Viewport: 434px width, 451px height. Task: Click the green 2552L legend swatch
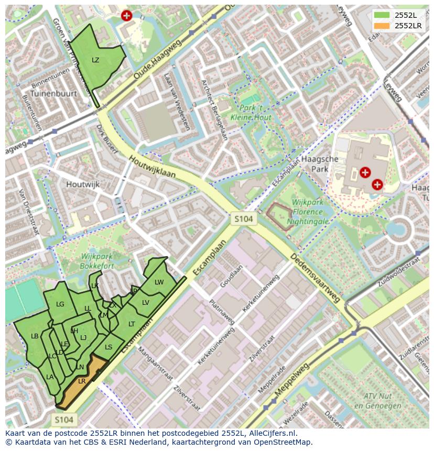click(x=382, y=15)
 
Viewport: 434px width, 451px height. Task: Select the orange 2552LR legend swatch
click(x=382, y=26)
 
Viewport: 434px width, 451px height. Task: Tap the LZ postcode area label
click(x=95, y=60)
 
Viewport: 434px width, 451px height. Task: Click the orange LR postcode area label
click(x=82, y=381)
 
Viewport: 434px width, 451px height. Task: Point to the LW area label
click(x=159, y=282)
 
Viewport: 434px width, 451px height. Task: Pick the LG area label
click(x=60, y=304)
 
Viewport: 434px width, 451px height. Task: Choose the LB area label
click(x=35, y=336)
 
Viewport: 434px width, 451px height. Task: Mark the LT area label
click(x=132, y=324)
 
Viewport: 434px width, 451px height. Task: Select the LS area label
click(x=108, y=347)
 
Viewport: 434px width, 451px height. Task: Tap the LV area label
click(x=146, y=303)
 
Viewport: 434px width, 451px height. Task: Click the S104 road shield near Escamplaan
click(x=244, y=218)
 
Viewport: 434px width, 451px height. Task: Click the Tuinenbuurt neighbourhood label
click(x=53, y=94)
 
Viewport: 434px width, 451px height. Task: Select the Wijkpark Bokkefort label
click(x=97, y=261)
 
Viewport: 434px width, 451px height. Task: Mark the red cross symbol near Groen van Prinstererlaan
click(x=126, y=16)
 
